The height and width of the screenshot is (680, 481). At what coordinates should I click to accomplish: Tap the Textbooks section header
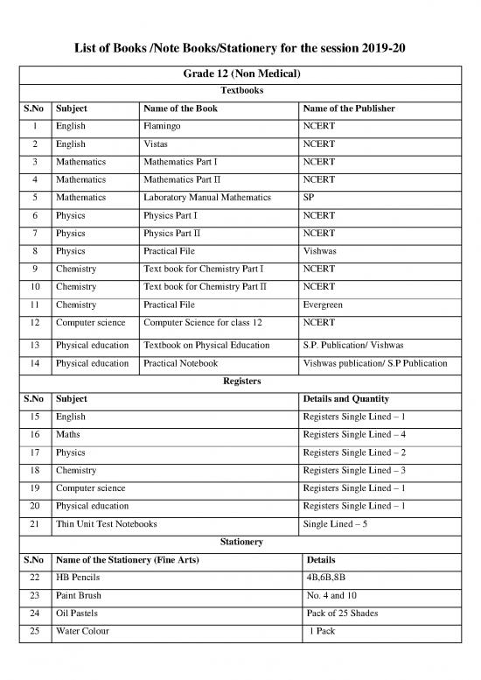coord(240,90)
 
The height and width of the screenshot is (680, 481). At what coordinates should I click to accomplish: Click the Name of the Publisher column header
coord(348,109)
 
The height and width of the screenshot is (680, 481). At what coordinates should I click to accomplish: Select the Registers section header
coord(240,382)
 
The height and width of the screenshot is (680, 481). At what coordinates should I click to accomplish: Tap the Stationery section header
coord(240,542)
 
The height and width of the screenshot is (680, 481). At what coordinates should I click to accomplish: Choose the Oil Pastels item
coord(80,613)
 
